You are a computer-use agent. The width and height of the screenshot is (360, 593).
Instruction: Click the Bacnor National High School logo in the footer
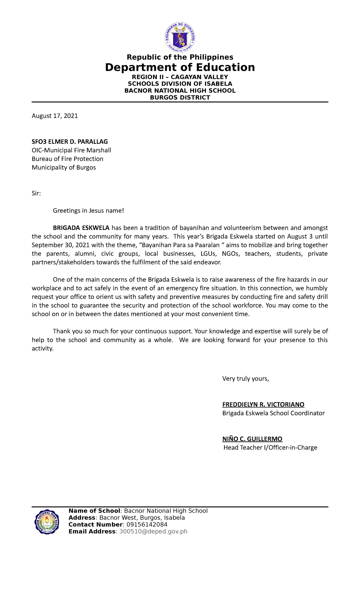point(46,522)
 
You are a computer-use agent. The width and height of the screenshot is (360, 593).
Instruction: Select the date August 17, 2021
point(55,116)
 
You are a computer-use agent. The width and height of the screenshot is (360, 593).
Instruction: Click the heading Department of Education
point(180,67)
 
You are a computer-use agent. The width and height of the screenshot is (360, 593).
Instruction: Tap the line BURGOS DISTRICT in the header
point(180,98)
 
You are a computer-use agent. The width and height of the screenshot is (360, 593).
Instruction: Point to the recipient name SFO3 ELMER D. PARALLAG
point(70,142)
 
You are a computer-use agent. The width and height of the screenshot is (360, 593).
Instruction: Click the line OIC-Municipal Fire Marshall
point(71,150)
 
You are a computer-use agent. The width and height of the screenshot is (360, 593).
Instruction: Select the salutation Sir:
point(36,194)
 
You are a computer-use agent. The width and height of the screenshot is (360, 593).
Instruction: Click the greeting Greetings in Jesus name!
point(88,211)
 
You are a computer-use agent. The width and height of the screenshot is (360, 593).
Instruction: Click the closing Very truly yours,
point(245,379)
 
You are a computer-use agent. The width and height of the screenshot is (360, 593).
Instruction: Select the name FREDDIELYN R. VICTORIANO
point(263,405)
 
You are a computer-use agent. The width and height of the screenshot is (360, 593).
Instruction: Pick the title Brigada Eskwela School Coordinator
point(273,413)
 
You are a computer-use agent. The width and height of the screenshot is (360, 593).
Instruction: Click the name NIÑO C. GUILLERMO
point(252,439)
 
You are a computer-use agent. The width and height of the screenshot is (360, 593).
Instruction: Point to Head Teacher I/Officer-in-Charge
point(270,448)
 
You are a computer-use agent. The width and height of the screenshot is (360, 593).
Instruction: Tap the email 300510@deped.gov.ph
point(153,531)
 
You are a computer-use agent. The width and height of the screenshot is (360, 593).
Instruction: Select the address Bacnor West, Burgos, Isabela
point(142,518)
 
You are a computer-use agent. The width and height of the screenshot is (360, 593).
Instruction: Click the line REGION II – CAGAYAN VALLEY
point(180,77)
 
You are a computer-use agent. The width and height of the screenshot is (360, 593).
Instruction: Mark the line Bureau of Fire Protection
point(67,159)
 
